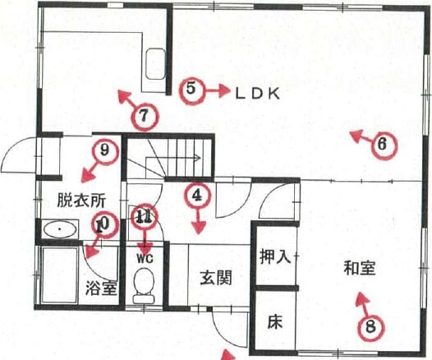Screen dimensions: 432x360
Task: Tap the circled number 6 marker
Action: (384, 145)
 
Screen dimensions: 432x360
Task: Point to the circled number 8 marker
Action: (371, 328)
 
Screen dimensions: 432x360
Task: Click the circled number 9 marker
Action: (105, 150)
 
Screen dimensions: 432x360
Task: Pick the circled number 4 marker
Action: (197, 196)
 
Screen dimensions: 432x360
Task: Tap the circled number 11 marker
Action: (145, 218)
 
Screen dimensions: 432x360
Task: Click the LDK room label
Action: (258, 95)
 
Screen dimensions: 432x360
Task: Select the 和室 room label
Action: (360, 268)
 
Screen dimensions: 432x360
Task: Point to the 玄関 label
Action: (215, 278)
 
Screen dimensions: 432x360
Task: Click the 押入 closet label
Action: (274, 256)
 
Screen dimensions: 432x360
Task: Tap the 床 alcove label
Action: (275, 321)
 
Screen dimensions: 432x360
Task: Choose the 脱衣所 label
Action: (81, 200)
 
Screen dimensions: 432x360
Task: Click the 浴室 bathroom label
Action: (101, 288)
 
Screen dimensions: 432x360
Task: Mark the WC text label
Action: (145, 259)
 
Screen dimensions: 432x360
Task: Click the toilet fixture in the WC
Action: (144, 285)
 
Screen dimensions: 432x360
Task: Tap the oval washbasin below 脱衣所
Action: (60, 229)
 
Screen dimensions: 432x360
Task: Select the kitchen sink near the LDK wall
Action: (156, 63)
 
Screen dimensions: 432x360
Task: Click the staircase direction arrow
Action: (173, 158)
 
